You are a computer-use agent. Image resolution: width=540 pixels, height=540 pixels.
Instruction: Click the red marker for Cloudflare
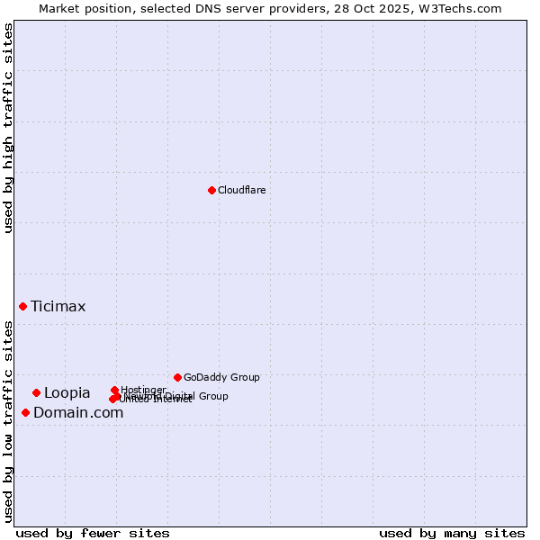[x=211, y=190]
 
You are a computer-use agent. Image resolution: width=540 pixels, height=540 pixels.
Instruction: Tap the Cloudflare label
[x=241, y=190]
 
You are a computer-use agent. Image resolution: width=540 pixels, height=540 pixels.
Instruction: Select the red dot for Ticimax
[x=22, y=307]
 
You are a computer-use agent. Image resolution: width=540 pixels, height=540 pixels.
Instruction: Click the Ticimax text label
[x=58, y=307]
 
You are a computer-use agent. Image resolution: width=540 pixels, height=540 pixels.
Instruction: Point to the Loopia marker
[x=36, y=392]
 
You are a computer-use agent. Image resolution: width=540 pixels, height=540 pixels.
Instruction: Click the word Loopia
[x=67, y=393]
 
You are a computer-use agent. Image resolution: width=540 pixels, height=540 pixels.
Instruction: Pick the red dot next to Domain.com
[x=25, y=412]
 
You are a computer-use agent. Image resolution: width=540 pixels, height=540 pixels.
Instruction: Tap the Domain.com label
[x=78, y=413]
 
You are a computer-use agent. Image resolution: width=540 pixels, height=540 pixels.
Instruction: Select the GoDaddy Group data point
[x=177, y=377]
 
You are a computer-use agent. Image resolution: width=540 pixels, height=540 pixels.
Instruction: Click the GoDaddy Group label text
[x=221, y=377]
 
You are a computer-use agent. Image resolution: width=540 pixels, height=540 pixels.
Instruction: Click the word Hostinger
[x=143, y=390]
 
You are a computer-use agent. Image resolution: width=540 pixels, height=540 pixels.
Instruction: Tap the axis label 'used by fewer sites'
[x=93, y=533]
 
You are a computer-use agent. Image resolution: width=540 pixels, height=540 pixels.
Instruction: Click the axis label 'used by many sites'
[x=452, y=533]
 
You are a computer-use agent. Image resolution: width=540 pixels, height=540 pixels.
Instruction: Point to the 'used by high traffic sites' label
[x=9, y=128]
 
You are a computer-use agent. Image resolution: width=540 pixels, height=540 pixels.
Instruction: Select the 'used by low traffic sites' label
[x=9, y=420]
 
